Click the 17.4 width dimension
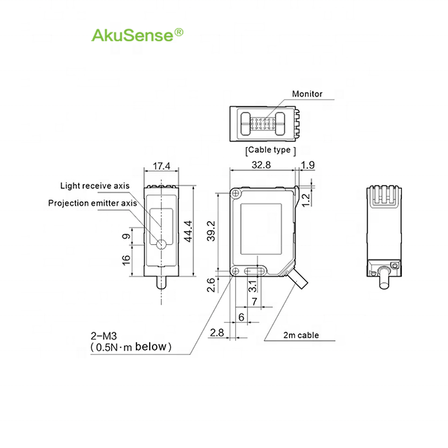click(161, 167)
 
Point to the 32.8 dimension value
click(263, 166)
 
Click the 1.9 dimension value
click(307, 166)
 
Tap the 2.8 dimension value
click(217, 332)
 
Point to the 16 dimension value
click(127, 260)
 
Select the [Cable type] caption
click(271, 150)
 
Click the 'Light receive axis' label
click(94, 185)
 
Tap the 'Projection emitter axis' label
click(92, 203)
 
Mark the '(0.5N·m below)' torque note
click(130, 346)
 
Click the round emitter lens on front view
click(161, 244)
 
